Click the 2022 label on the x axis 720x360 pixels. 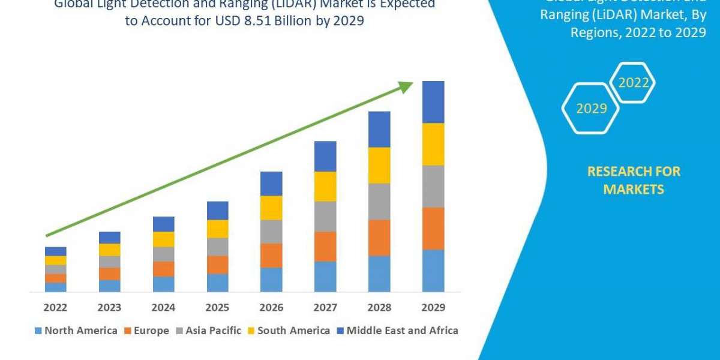(55, 308)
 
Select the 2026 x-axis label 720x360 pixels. (271, 308)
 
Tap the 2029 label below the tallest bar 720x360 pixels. (433, 308)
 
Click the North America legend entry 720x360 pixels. (76, 331)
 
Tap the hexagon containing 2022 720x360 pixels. (633, 83)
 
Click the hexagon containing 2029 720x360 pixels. (591, 109)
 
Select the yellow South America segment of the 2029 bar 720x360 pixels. (433, 144)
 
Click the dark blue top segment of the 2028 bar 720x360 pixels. (379, 129)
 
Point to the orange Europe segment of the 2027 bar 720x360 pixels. (325, 246)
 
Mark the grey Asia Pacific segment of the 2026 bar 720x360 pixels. (271, 231)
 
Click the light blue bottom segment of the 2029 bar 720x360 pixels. (433, 270)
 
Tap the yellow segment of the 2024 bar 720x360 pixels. (163, 239)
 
